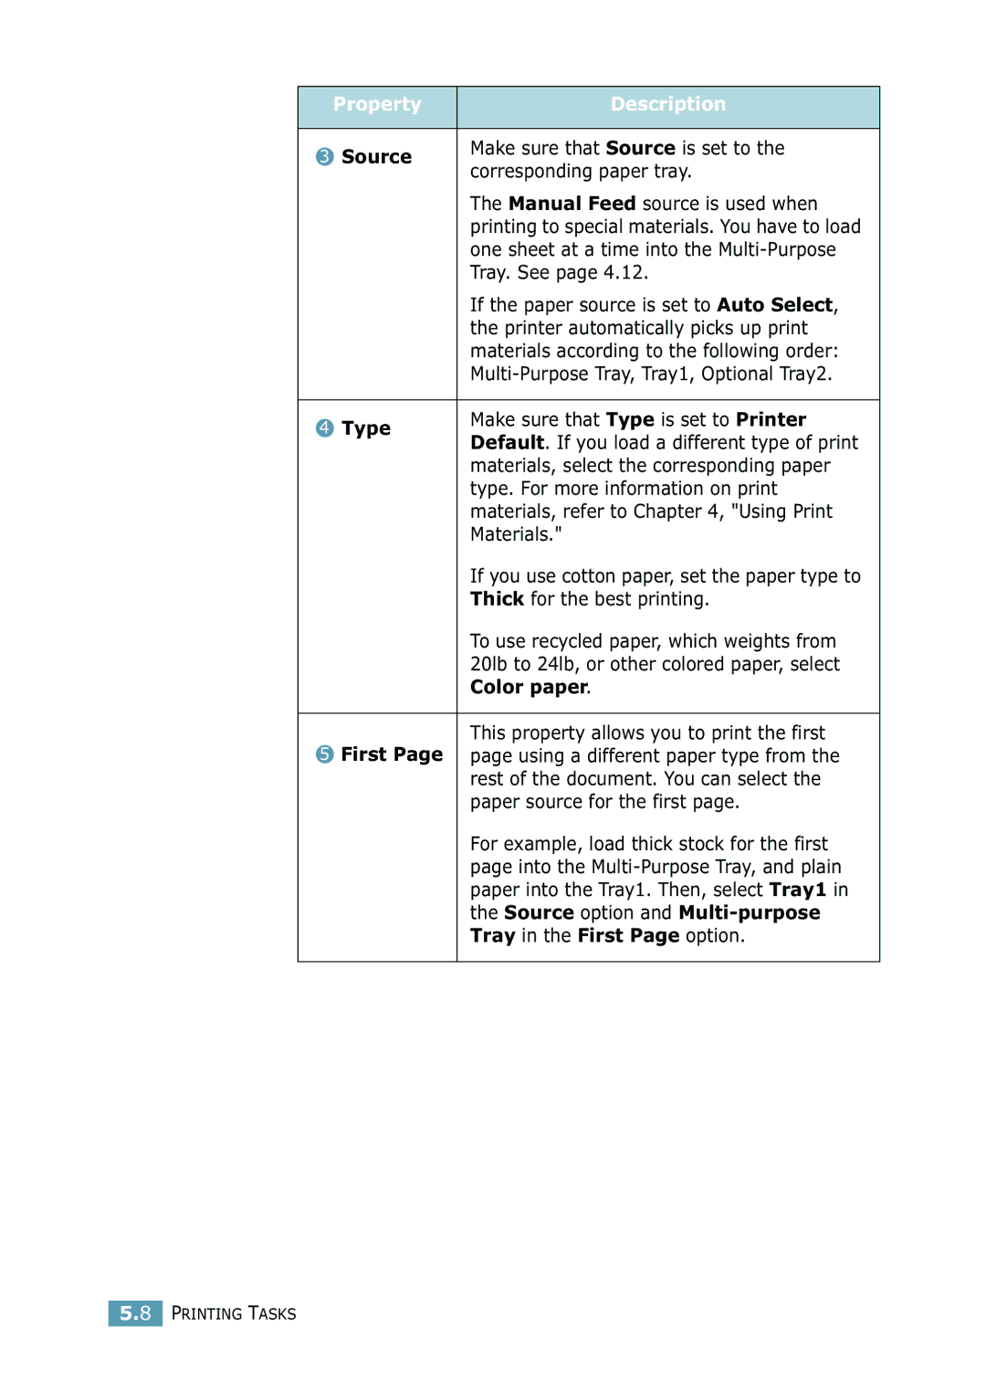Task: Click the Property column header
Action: coord(377,105)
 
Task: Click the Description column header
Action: coord(667,105)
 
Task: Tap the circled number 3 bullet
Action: coord(325,157)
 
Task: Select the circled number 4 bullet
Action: coord(325,428)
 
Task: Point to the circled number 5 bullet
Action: coord(325,754)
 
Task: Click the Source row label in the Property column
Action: coord(376,157)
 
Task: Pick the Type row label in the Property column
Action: coord(366,428)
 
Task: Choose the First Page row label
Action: coord(392,754)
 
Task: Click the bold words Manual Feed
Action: coord(572,204)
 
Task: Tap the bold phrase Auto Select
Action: coord(774,305)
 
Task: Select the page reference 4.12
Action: coord(624,273)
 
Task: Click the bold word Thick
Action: coord(497,599)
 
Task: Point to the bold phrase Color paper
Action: coord(529,688)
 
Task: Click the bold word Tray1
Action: coord(797,890)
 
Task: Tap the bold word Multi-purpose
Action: coord(750,913)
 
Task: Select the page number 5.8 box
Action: coord(135,1313)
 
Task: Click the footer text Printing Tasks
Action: coord(234,1313)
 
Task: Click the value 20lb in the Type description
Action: coord(488,665)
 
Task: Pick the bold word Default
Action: coord(507,443)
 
